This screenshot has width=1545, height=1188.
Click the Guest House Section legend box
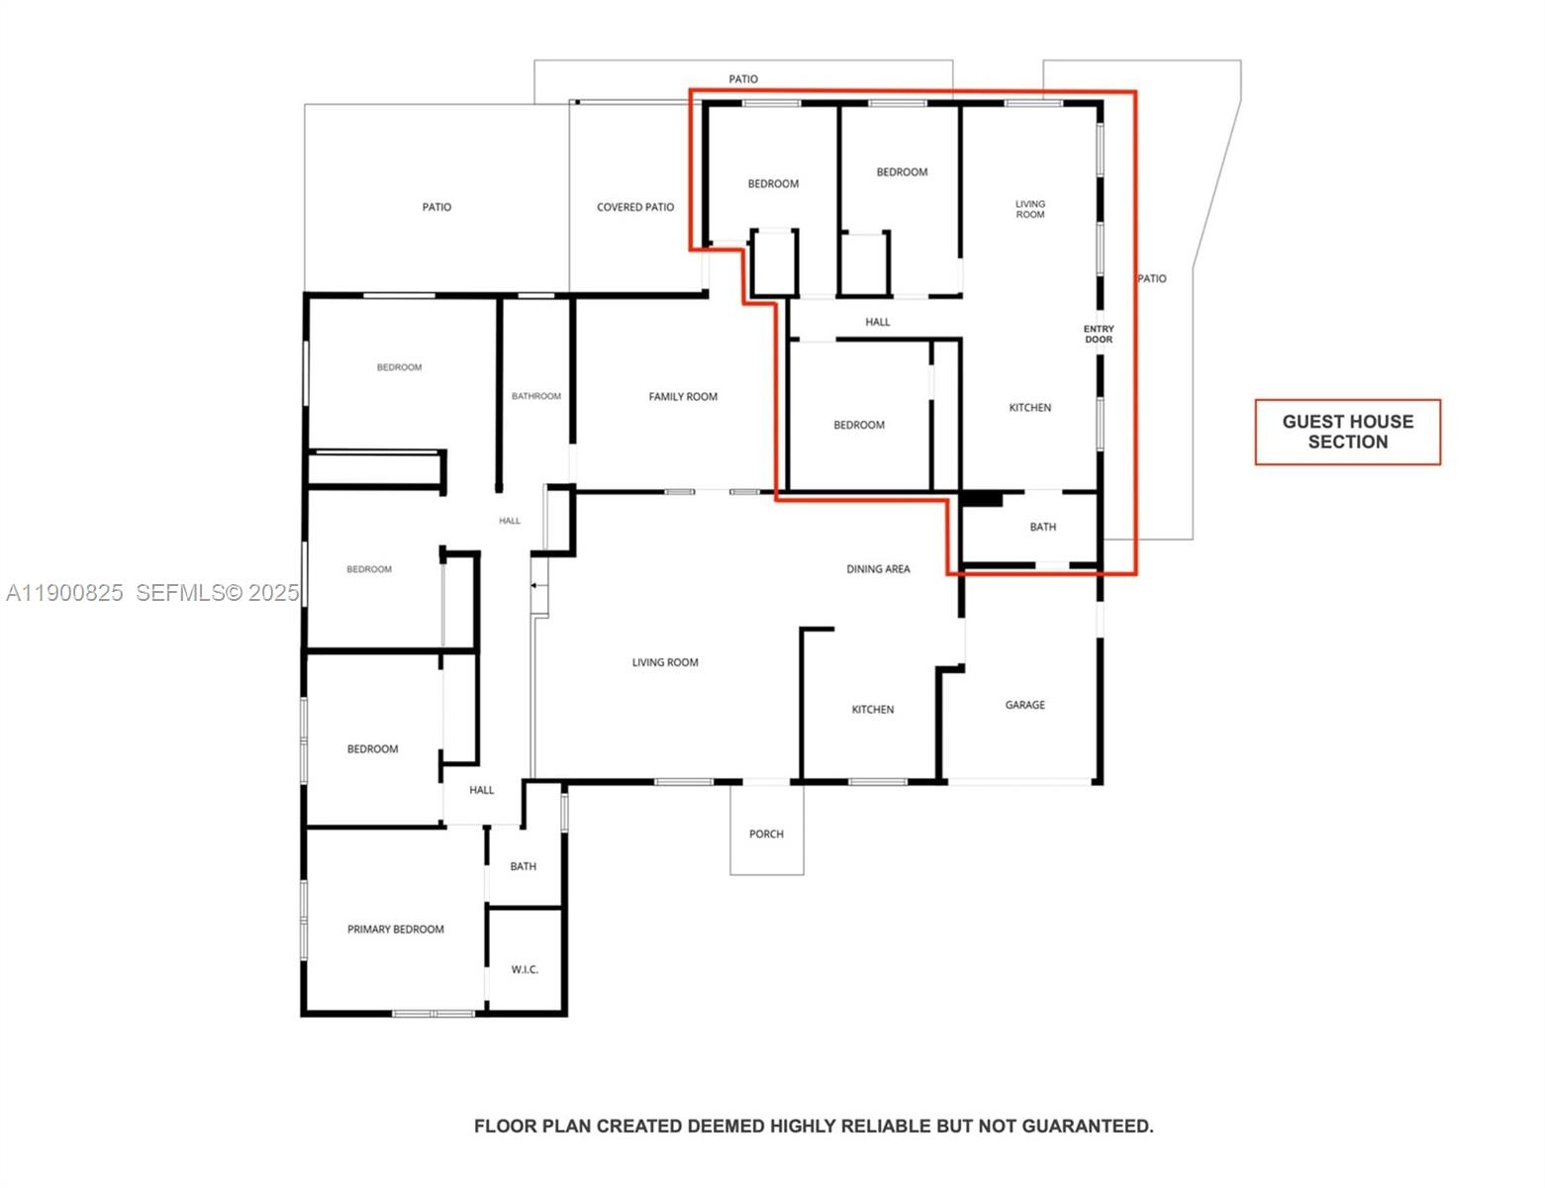click(x=1347, y=432)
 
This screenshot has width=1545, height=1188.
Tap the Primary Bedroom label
click(x=395, y=930)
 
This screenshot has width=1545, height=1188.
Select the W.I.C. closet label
click(x=525, y=969)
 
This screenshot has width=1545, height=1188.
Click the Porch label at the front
click(x=766, y=835)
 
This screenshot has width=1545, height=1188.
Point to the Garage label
click(x=1024, y=705)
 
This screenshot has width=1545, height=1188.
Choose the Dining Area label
click(x=878, y=569)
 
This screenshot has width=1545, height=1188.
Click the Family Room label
click(x=683, y=397)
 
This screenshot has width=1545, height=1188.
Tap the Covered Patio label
click(x=634, y=208)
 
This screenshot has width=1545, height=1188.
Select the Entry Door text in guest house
click(x=1099, y=335)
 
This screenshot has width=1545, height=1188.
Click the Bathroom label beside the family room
click(x=535, y=396)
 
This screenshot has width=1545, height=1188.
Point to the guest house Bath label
click(x=1042, y=528)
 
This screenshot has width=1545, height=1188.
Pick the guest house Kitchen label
click(x=1029, y=408)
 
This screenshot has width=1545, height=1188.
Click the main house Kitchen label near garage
click(x=872, y=710)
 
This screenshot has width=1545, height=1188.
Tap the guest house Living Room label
click(x=1029, y=210)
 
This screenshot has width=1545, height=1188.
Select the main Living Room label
click(x=665, y=663)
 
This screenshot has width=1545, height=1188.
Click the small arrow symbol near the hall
click(x=535, y=586)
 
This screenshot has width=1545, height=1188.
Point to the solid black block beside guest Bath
click(x=982, y=499)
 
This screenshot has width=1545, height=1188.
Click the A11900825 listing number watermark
click(x=64, y=593)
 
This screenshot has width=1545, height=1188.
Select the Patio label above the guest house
click(x=743, y=79)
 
